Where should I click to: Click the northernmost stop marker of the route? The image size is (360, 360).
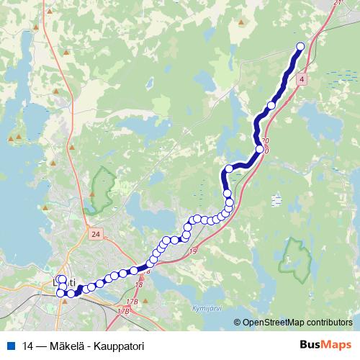coord(300,47)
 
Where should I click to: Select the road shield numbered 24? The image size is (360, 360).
coord(95,234)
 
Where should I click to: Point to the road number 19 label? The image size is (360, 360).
coord(192,251)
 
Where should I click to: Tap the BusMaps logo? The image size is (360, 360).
coord(326,346)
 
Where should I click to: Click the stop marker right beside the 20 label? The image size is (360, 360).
coord(259,149)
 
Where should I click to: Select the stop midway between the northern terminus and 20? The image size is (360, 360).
coord(271,106)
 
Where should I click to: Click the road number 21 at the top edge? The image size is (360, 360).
coord(338,4)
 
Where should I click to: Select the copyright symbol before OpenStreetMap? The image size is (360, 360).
coord(237,323)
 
